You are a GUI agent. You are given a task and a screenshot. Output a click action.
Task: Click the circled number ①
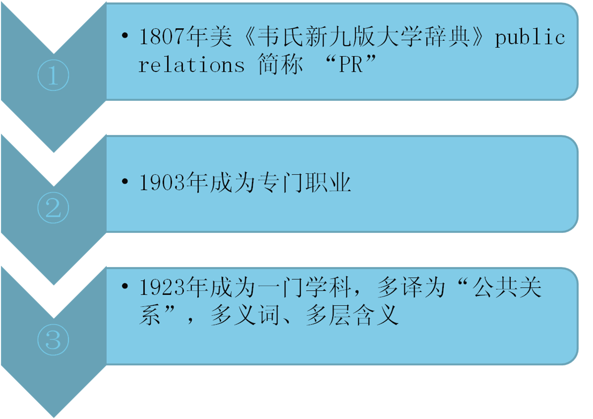[53, 75]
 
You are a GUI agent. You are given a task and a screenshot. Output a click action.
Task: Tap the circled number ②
[53, 208]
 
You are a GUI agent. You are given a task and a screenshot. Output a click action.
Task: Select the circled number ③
[53, 340]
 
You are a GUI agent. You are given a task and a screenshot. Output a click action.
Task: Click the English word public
[530, 38]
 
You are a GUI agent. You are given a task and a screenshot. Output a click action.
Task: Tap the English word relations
[192, 65]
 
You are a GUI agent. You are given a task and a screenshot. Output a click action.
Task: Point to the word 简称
[280, 65]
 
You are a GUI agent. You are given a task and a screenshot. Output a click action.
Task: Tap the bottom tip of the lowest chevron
[54, 416]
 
